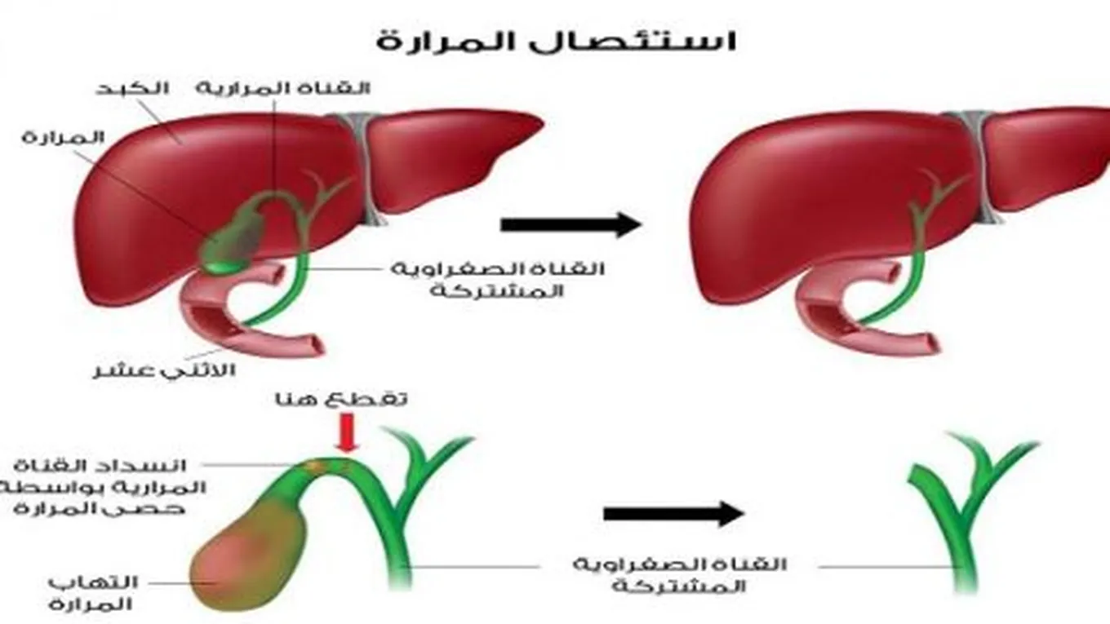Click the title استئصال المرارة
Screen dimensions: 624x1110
pyautogui.click(x=556, y=40)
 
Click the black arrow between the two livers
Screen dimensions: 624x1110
pyautogui.click(x=571, y=223)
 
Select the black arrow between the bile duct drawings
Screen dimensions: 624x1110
pyautogui.click(x=674, y=513)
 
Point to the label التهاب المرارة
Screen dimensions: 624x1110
pyautogui.click(x=91, y=593)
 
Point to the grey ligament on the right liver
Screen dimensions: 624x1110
pyautogui.click(x=975, y=163)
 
